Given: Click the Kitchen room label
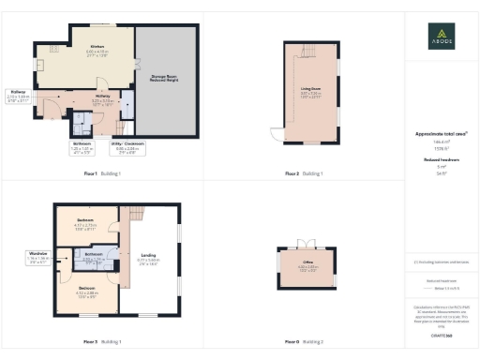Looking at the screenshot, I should coord(96,47).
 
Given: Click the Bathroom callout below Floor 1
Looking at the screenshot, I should coord(82,146).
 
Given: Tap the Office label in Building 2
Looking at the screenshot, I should coord(308,265).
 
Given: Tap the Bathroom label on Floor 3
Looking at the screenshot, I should coord(94,256).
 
